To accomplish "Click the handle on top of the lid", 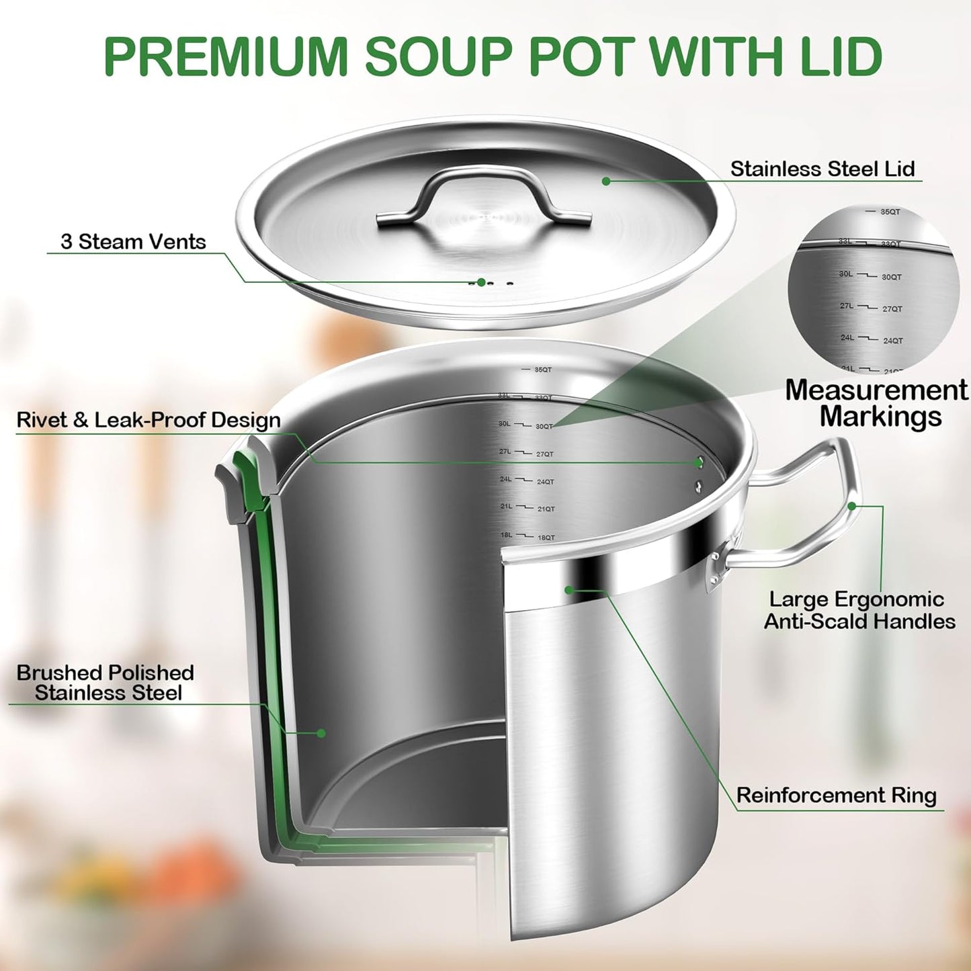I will tap(483, 192).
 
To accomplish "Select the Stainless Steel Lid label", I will tap(822, 169).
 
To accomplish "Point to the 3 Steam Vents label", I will tap(133, 242).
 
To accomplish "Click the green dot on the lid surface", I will tap(606, 181).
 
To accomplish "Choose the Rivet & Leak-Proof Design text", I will tap(149, 421).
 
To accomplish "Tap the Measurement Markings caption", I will tap(877, 403).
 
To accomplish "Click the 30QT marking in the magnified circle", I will tap(892, 277).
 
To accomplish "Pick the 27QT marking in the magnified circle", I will tap(892, 309).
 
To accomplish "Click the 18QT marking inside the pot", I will tap(546, 538).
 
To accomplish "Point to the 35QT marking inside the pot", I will tap(543, 370).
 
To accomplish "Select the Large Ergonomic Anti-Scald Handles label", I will tap(859, 610).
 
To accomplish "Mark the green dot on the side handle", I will tap(852, 506).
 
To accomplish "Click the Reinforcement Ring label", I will tap(836, 796).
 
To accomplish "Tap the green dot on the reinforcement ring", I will tap(568, 590).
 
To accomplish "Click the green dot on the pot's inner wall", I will tap(321, 733).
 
